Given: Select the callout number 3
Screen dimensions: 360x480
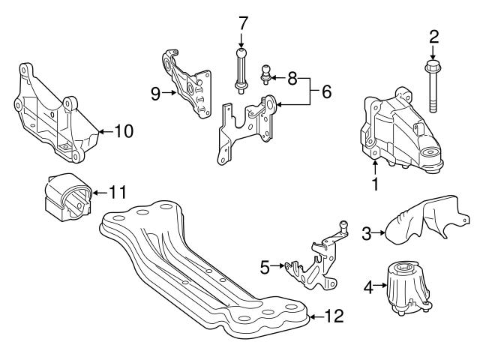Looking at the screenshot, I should [367, 234].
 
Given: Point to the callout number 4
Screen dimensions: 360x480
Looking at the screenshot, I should [367, 286].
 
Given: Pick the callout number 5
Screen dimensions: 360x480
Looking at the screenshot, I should [264, 265].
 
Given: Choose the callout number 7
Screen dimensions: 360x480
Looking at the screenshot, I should [242, 23].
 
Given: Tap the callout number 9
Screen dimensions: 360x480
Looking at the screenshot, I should [155, 93].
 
